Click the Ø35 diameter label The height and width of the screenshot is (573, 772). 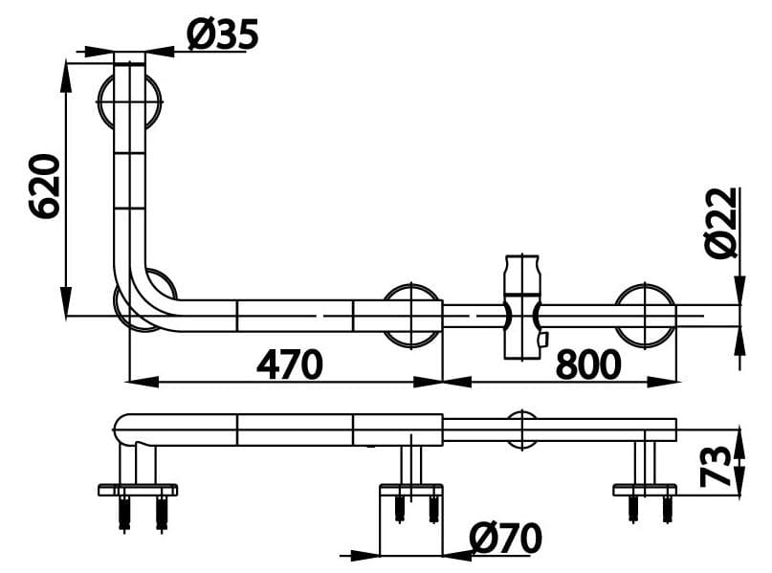pyautogui.click(x=223, y=35)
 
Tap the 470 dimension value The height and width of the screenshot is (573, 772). pyautogui.click(x=289, y=364)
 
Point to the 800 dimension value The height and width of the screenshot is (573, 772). pyautogui.click(x=587, y=364)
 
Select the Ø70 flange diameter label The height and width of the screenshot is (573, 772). pyautogui.click(x=505, y=539)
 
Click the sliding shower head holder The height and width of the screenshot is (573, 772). pyautogui.click(x=522, y=306)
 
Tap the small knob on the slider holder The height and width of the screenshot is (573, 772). pyautogui.click(x=542, y=339)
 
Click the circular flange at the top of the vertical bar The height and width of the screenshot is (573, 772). pyautogui.click(x=130, y=99)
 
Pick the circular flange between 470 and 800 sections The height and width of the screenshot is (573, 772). pyautogui.click(x=412, y=314)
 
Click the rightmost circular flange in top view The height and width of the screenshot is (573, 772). pyautogui.click(x=646, y=314)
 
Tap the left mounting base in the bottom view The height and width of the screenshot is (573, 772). pyautogui.click(x=138, y=491)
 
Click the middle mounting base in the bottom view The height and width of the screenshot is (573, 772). pyautogui.click(x=410, y=490)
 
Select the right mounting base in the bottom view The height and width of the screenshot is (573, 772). pyautogui.click(x=645, y=490)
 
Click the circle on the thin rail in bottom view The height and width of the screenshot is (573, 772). pyautogui.click(x=522, y=430)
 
